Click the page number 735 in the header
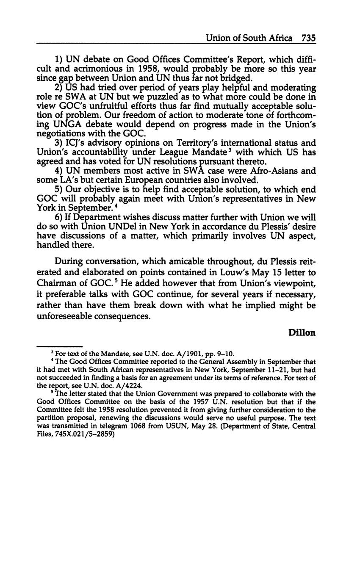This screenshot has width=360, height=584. [309, 38]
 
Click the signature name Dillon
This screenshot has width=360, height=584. [302, 332]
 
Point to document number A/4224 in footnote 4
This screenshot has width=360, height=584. [129, 386]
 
